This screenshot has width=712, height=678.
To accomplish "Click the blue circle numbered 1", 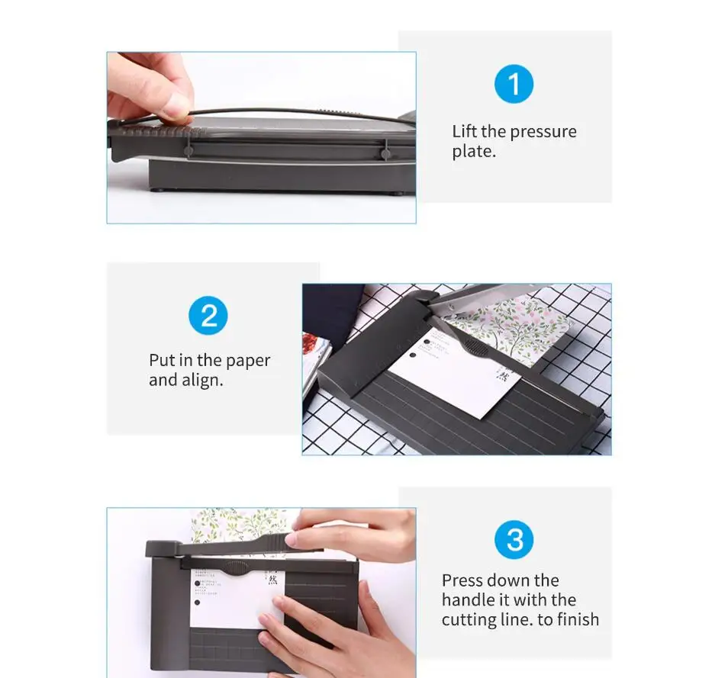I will coord(514,84).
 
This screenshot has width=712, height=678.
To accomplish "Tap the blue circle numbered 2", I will coord(208,314).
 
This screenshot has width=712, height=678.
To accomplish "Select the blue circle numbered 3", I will coord(514,540).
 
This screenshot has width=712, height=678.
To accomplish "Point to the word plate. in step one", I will coord(473,151).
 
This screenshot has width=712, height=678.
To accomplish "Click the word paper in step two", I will coord(248,361).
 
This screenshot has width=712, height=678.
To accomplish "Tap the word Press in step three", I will coord(462,580).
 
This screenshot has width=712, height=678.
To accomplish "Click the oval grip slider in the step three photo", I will coord(236,567).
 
